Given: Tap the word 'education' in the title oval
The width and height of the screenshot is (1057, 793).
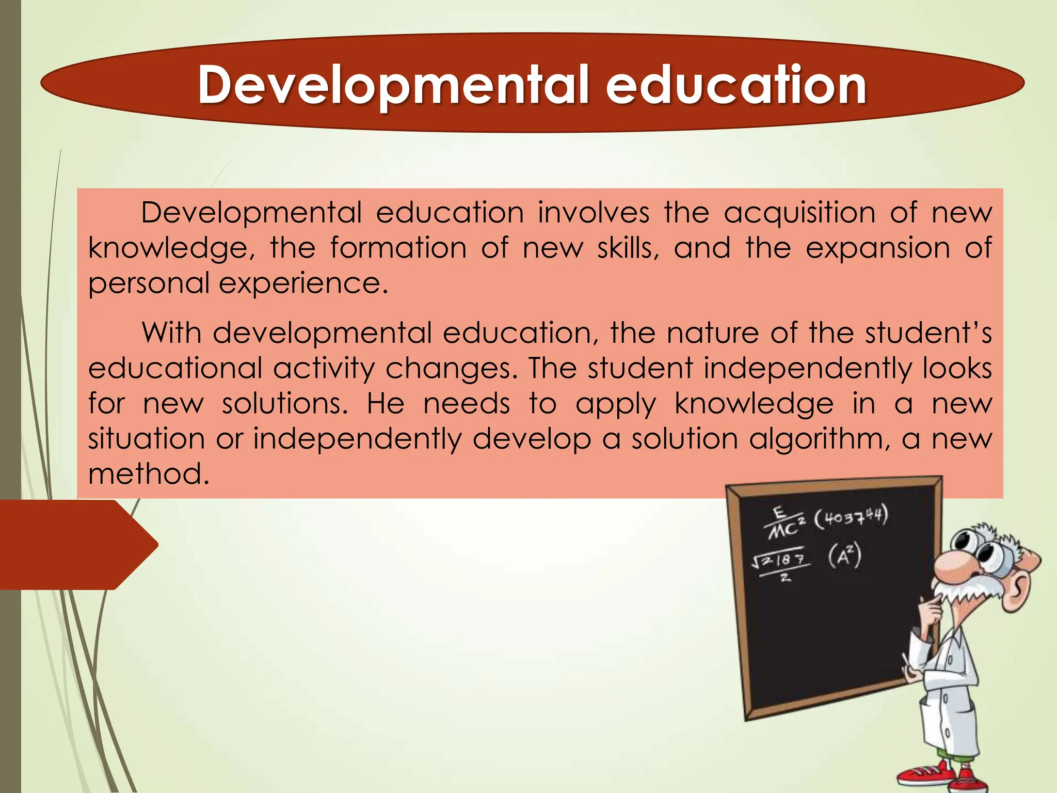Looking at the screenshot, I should tap(736, 85).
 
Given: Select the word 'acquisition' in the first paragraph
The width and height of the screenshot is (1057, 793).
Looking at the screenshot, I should tap(799, 213).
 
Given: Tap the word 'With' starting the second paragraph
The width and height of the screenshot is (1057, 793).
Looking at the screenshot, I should tap(171, 333).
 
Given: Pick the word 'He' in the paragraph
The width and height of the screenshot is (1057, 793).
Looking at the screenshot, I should tap(385, 404).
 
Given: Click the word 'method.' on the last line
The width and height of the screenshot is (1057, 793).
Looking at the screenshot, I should tap(149, 474).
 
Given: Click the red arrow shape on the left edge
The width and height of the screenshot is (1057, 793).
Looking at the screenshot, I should tap(77, 545).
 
